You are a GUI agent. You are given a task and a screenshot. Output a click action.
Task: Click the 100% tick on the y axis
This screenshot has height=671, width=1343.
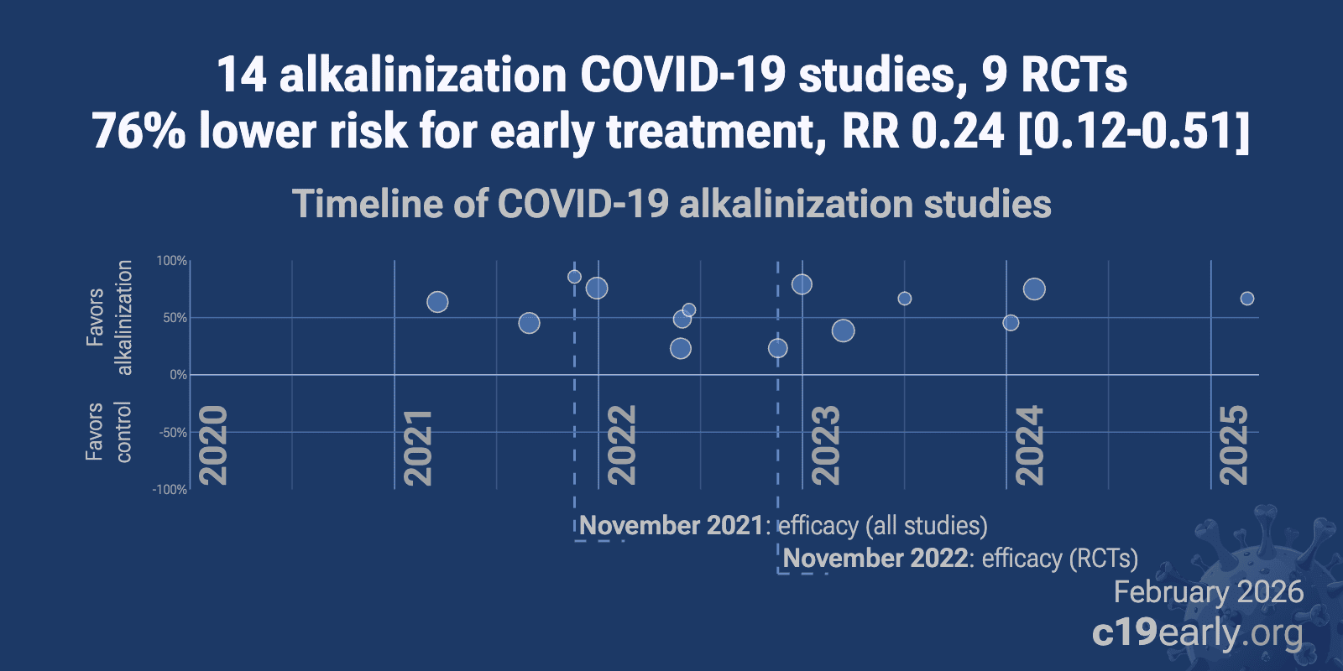point(172,261)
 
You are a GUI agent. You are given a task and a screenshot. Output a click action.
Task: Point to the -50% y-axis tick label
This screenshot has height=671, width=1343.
point(173,433)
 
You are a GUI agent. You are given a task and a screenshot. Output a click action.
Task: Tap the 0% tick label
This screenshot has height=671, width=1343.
point(178,375)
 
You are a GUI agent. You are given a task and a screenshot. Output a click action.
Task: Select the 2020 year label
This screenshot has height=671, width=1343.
point(213,445)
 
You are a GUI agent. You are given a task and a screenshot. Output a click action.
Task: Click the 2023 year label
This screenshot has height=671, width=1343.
point(826,445)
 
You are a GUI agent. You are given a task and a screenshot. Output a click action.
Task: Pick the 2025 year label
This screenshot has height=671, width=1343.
point(1234,445)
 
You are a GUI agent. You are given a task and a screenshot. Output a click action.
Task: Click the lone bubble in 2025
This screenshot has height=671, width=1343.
point(1247,299)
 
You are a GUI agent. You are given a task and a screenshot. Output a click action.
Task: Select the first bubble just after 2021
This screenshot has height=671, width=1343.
point(437,302)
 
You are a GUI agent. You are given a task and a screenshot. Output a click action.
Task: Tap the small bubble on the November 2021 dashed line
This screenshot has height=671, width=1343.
point(574,277)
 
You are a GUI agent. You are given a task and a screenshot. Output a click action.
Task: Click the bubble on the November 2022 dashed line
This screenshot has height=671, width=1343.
point(778,348)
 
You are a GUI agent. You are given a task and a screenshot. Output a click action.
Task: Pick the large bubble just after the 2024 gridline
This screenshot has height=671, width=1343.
point(1034,289)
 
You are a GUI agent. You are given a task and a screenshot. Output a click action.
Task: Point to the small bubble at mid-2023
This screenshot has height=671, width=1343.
point(905,299)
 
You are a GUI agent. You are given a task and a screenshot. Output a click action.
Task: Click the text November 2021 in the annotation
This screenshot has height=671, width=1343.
point(671,526)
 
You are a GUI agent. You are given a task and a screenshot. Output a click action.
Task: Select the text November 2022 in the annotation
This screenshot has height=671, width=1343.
point(875,559)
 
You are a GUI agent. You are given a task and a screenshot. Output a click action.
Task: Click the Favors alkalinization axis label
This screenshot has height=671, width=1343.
point(109,317)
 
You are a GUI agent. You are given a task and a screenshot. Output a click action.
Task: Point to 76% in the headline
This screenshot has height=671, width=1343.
point(138,132)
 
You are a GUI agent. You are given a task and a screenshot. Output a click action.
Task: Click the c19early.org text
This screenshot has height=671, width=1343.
point(1197,632)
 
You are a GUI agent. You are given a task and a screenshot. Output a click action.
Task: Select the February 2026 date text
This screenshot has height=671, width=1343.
point(1208,592)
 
